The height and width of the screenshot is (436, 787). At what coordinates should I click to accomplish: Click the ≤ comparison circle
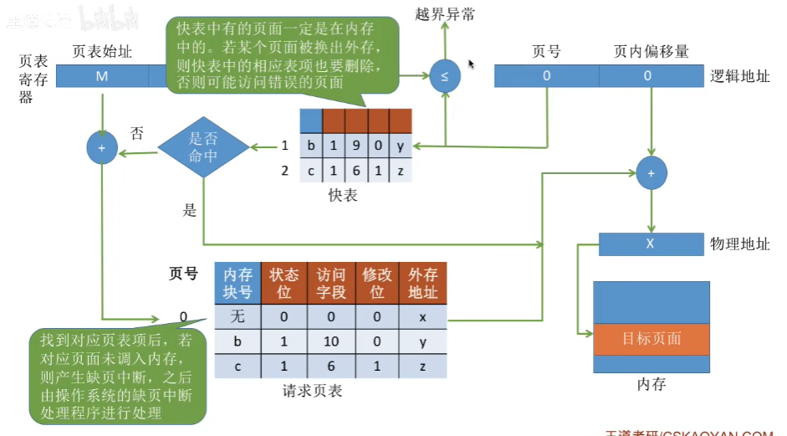click(x=444, y=76)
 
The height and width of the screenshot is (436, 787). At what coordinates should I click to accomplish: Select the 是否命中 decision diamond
click(x=203, y=148)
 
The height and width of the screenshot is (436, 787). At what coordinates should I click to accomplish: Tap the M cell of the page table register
click(x=102, y=76)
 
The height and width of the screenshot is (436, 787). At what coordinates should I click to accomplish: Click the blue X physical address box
click(x=651, y=244)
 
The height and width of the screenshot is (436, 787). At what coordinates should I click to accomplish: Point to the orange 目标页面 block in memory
click(x=651, y=339)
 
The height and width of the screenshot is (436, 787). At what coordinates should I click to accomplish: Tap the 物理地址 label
click(x=740, y=244)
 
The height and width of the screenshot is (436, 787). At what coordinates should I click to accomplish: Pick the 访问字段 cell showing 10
click(x=331, y=342)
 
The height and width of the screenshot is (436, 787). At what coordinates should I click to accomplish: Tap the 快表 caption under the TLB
click(x=343, y=195)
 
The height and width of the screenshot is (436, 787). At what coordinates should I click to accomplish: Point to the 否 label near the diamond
click(x=137, y=133)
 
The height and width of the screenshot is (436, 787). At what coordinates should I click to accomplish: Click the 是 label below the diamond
click(x=190, y=210)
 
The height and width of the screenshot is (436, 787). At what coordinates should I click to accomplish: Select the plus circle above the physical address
click(x=650, y=173)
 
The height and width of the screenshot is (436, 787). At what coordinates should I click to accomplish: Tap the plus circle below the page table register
click(x=102, y=148)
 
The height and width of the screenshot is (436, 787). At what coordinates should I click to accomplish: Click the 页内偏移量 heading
click(x=651, y=51)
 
